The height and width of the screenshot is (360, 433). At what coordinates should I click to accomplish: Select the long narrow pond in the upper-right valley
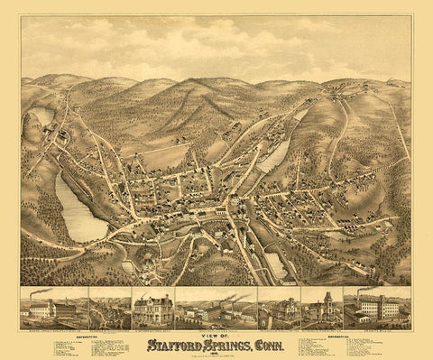(x=276, y=155)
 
